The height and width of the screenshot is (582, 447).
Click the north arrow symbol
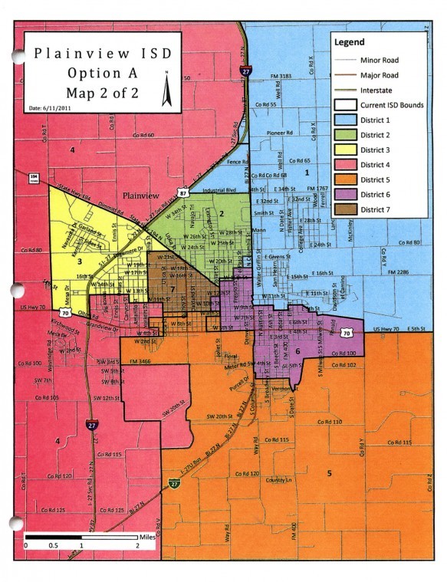pos(166,90)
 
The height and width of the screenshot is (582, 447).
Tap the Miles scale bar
pos(81,537)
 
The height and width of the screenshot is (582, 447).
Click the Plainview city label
pos(141,196)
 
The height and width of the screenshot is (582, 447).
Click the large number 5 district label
pos(329,474)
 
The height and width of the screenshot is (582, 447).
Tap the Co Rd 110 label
pos(327,422)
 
